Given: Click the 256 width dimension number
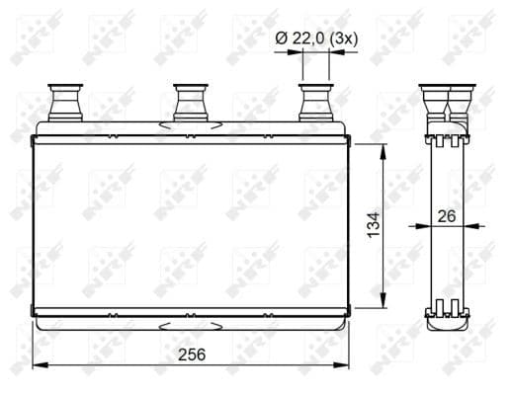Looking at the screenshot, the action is tap(192, 355).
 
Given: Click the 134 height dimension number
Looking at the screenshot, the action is tap(374, 225).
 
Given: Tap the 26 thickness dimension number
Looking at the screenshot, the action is tap(447, 216).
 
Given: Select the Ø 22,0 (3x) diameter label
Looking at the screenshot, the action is tap(316, 39).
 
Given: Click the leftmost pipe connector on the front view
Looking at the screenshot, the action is tap(65, 103).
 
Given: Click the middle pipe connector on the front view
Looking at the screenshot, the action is tap(191, 103).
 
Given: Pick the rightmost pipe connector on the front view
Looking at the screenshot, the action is tap(316, 103).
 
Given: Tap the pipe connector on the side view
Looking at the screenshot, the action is tap(447, 103).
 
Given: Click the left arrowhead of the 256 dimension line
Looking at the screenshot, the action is tap(40, 365).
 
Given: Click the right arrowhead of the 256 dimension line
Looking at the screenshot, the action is tap(341, 365).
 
